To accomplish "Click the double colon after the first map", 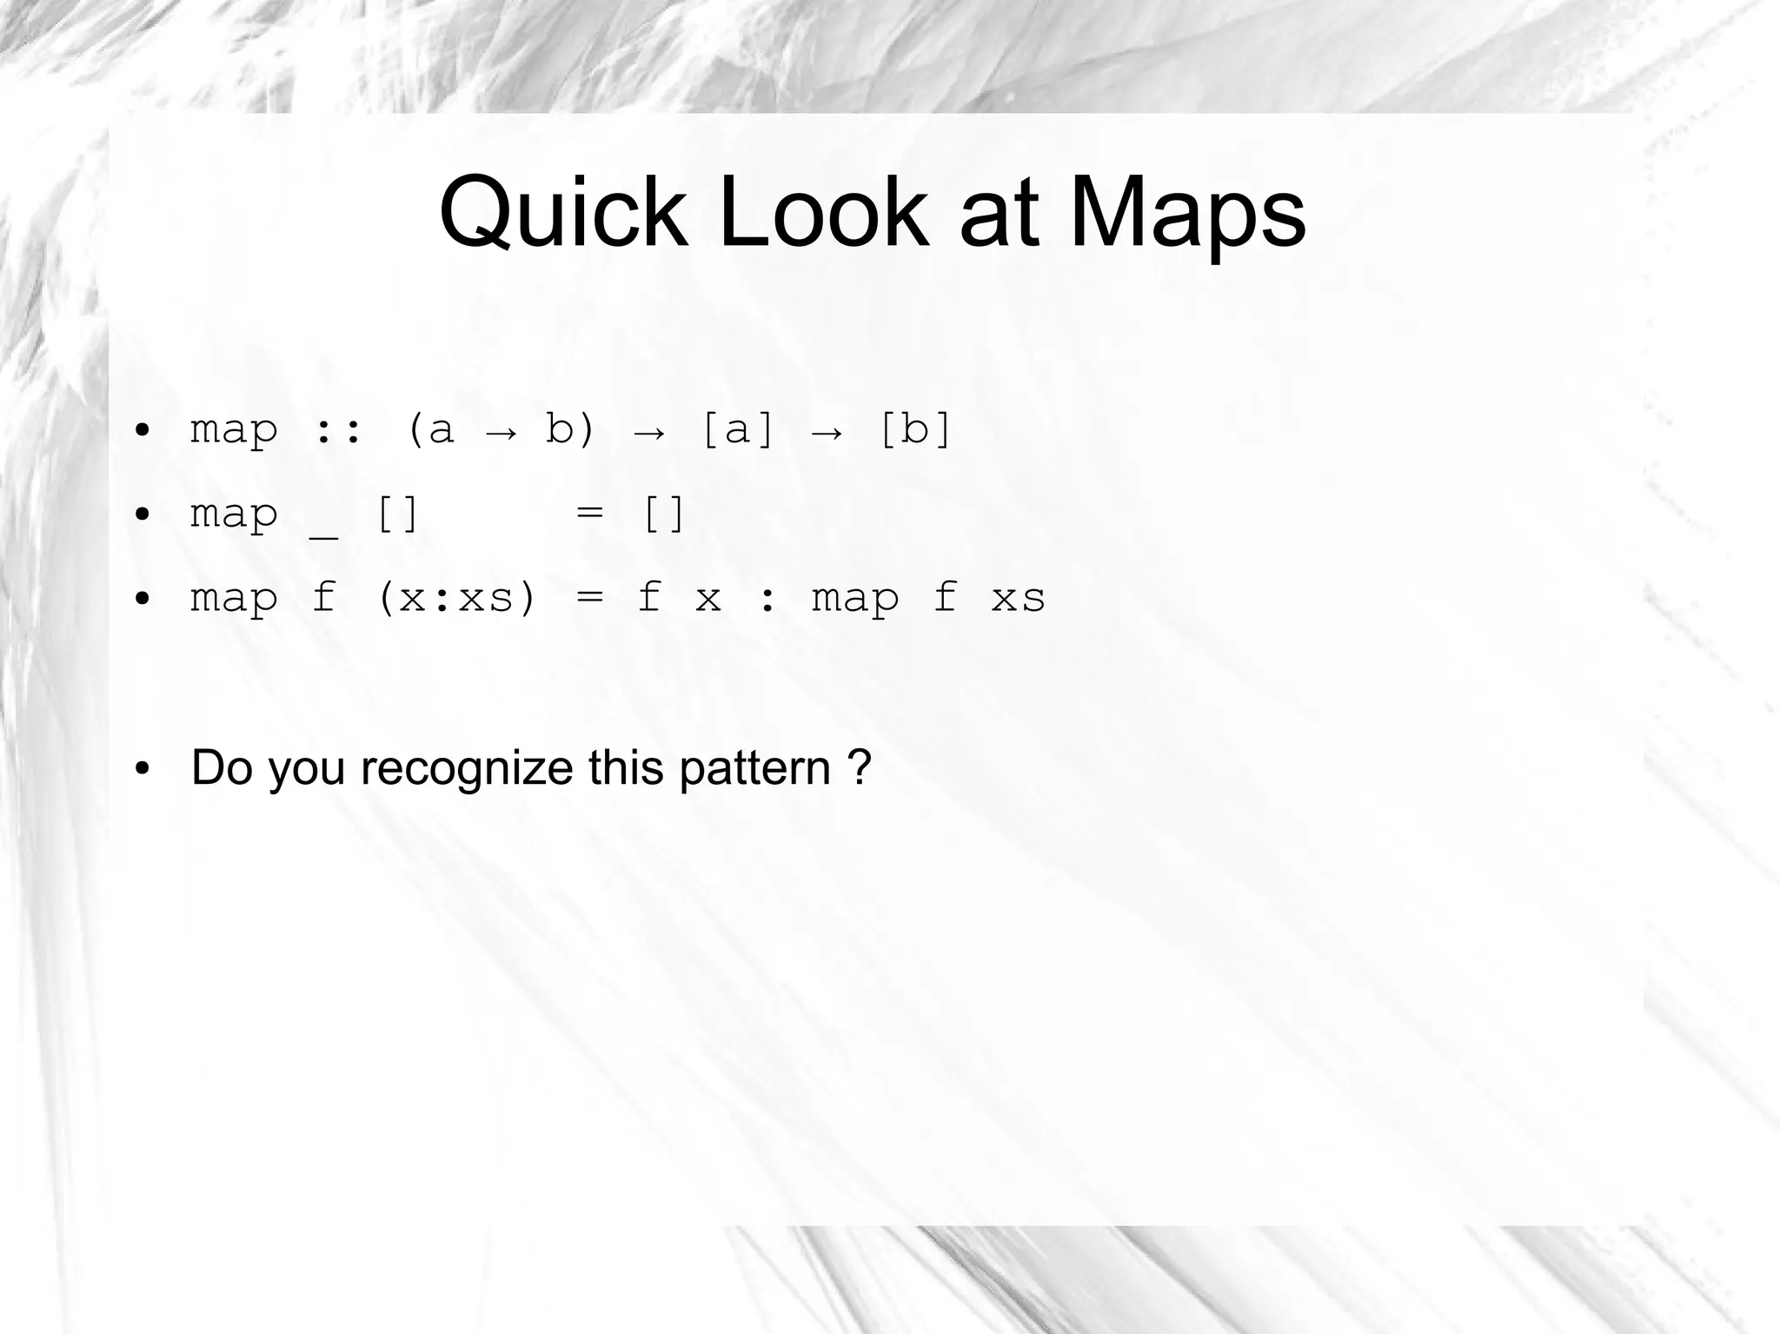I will point(338,429).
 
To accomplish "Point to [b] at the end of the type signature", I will point(915,429).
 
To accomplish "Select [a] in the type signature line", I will point(737,429).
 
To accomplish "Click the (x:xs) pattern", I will point(456,598).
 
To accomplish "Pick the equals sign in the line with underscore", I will point(589,513).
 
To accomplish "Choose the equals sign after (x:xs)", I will point(589,598).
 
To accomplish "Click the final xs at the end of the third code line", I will point(1018,598).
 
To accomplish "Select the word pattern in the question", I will point(754,768).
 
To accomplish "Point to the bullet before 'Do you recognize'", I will point(143,768).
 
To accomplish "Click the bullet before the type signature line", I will point(143,429).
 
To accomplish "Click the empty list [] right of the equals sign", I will point(663,514).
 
